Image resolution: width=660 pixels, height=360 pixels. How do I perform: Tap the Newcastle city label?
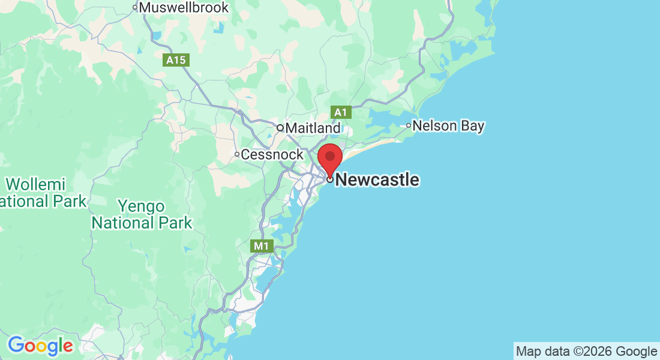tap(377, 179)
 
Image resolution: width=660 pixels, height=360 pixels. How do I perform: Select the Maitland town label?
tap(313, 128)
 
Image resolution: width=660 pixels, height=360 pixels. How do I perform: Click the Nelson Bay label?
tap(449, 126)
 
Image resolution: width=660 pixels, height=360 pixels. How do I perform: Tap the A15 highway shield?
tap(176, 60)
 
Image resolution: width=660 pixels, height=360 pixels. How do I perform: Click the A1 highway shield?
tap(340, 112)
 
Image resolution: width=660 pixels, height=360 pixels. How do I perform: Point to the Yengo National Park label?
tap(142, 215)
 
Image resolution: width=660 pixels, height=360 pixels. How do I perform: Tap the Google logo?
tap(40, 346)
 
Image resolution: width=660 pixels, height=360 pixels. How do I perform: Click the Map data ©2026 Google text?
tap(586, 351)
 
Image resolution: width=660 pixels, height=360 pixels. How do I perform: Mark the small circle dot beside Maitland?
tap(280, 128)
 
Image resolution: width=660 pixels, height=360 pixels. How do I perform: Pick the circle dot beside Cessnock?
tap(237, 155)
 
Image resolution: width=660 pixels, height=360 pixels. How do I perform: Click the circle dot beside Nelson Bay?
tap(409, 125)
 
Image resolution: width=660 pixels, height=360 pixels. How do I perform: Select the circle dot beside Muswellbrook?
tap(135, 8)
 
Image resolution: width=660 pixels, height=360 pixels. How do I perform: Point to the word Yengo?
tap(141, 206)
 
